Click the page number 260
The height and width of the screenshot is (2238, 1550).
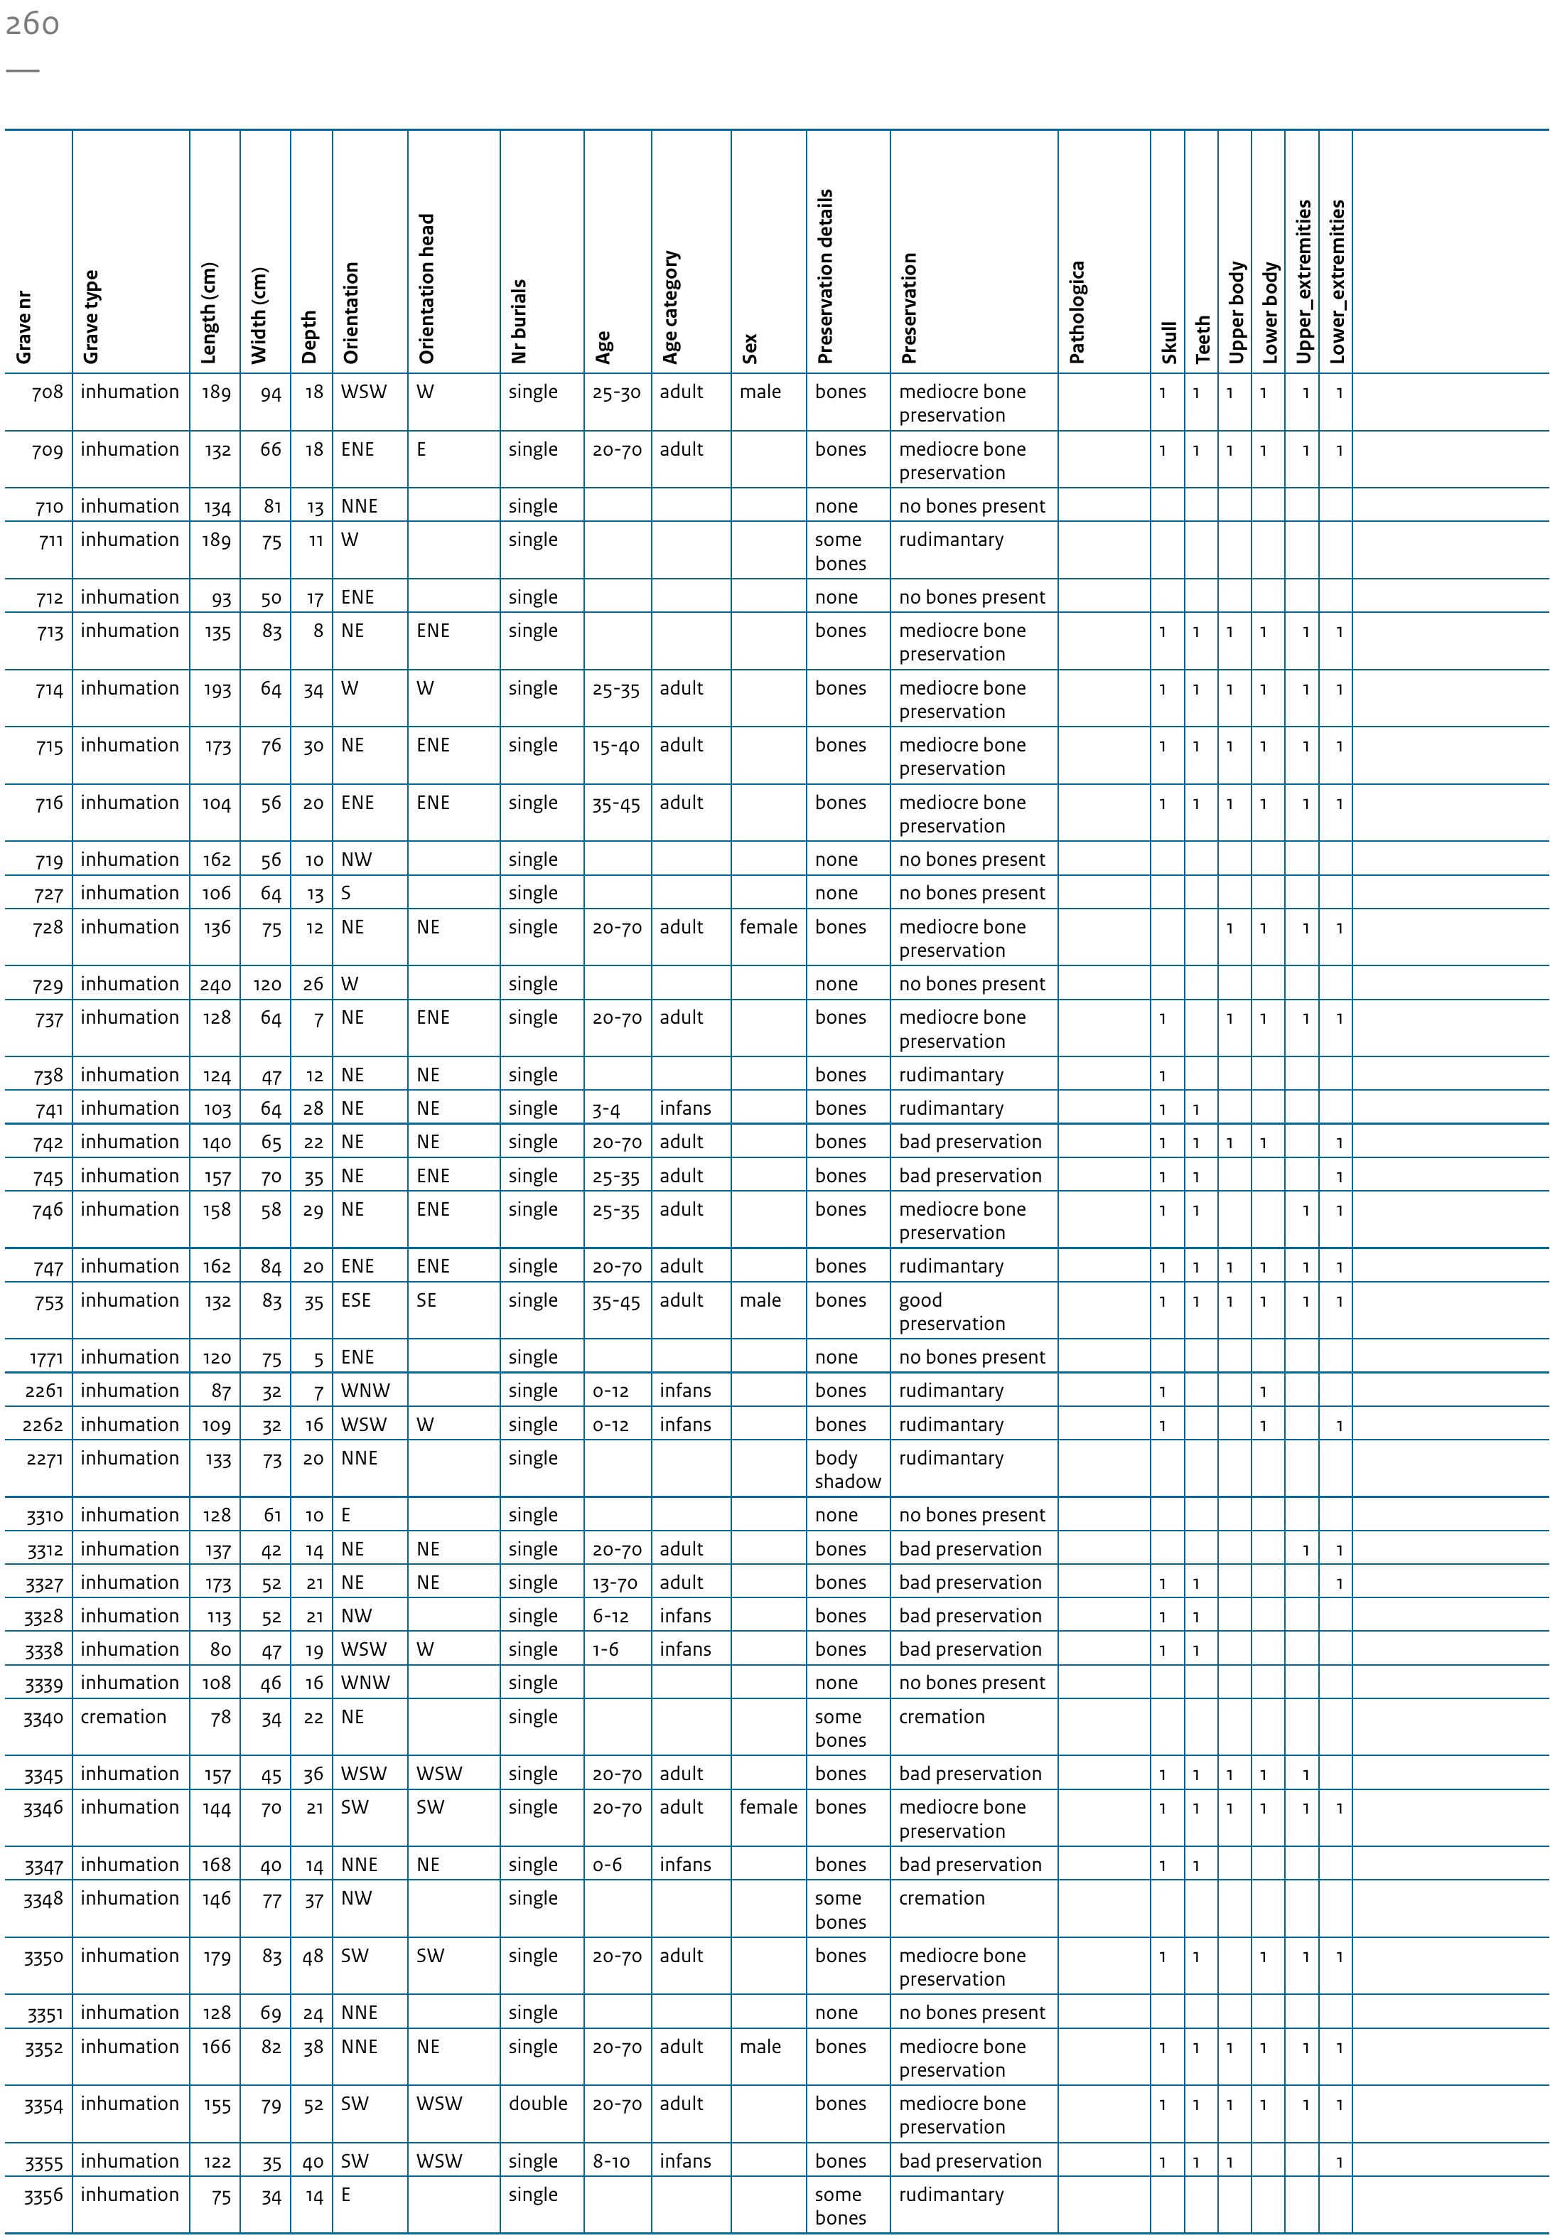pyautogui.click(x=32, y=23)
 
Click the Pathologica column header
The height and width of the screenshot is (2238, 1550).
pyautogui.click(x=1076, y=312)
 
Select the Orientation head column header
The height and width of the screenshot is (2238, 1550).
pyautogui.click(x=426, y=289)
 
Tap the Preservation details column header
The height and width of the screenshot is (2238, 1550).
pyautogui.click(x=826, y=277)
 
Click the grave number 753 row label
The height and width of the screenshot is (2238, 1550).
pyautogui.click(x=48, y=1302)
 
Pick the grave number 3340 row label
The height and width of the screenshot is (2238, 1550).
pyautogui.click(x=43, y=1718)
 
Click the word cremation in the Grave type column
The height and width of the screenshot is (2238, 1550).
pyautogui.click(x=124, y=1716)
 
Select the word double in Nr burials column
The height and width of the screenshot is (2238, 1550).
pyautogui.click(x=537, y=2103)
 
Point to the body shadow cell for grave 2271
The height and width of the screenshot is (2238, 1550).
pyautogui.click(x=847, y=1469)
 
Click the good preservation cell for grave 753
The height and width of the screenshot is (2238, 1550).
pyautogui.click(x=951, y=1312)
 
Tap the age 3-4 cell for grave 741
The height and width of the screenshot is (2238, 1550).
pyautogui.click(x=606, y=1109)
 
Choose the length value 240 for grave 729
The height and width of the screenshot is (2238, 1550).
pyautogui.click(x=215, y=985)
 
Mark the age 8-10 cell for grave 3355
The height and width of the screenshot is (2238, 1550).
pyautogui.click(x=611, y=2161)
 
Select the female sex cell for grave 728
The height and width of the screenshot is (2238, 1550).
pyautogui.click(x=768, y=928)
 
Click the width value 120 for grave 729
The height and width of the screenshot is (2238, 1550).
pyautogui.click(x=267, y=985)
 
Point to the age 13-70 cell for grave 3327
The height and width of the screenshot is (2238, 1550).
pyautogui.click(x=615, y=1583)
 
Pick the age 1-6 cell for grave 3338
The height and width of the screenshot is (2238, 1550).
pyautogui.click(x=606, y=1649)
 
